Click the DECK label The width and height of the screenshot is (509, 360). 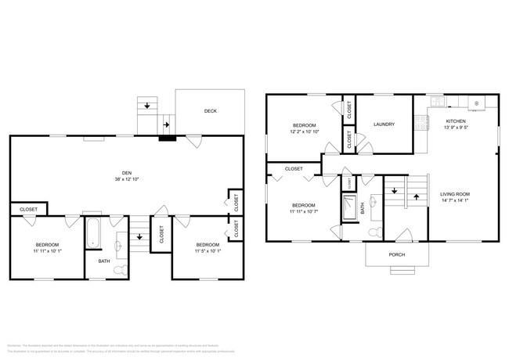pos(211,111)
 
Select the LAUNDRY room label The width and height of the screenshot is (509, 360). pos(384,124)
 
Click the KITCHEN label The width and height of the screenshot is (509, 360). pos(457,121)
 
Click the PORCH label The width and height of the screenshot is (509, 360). pos(397,255)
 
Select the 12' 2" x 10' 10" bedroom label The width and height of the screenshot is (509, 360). pos(305,125)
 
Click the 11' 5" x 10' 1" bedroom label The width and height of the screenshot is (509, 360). pos(208,245)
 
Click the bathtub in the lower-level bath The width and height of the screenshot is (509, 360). pos(92,232)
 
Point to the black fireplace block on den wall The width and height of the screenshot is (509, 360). pos(168,139)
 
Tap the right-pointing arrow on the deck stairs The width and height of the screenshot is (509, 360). pos(166,123)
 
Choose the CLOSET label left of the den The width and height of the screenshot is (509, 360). pos(28,209)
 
